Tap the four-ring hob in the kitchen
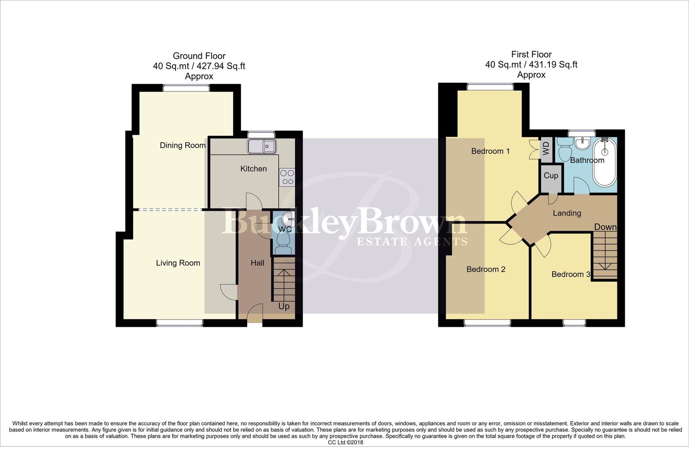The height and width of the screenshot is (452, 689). coord(287,177)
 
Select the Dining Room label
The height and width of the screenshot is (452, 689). coord(183,146)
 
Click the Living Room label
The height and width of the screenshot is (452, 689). coord(178,263)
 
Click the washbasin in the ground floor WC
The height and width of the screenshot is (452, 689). coord(288,218)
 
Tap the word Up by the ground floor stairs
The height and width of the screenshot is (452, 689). coord(284,307)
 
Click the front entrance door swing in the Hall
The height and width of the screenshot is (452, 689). coord(255,313)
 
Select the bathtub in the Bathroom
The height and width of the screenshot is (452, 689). coord(605,162)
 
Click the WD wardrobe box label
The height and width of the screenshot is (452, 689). coord(546,149)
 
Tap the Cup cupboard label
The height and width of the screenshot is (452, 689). coord(551,176)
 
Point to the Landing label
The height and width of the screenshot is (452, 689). coord(567,213)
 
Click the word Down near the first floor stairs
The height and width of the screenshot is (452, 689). coord(605,227)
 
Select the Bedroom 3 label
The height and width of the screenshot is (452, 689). coord(571,275)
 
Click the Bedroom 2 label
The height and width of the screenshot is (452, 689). coord(486,270)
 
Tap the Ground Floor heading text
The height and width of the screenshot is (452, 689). coord(199,56)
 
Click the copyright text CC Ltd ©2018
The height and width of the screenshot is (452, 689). coord(345,442)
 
